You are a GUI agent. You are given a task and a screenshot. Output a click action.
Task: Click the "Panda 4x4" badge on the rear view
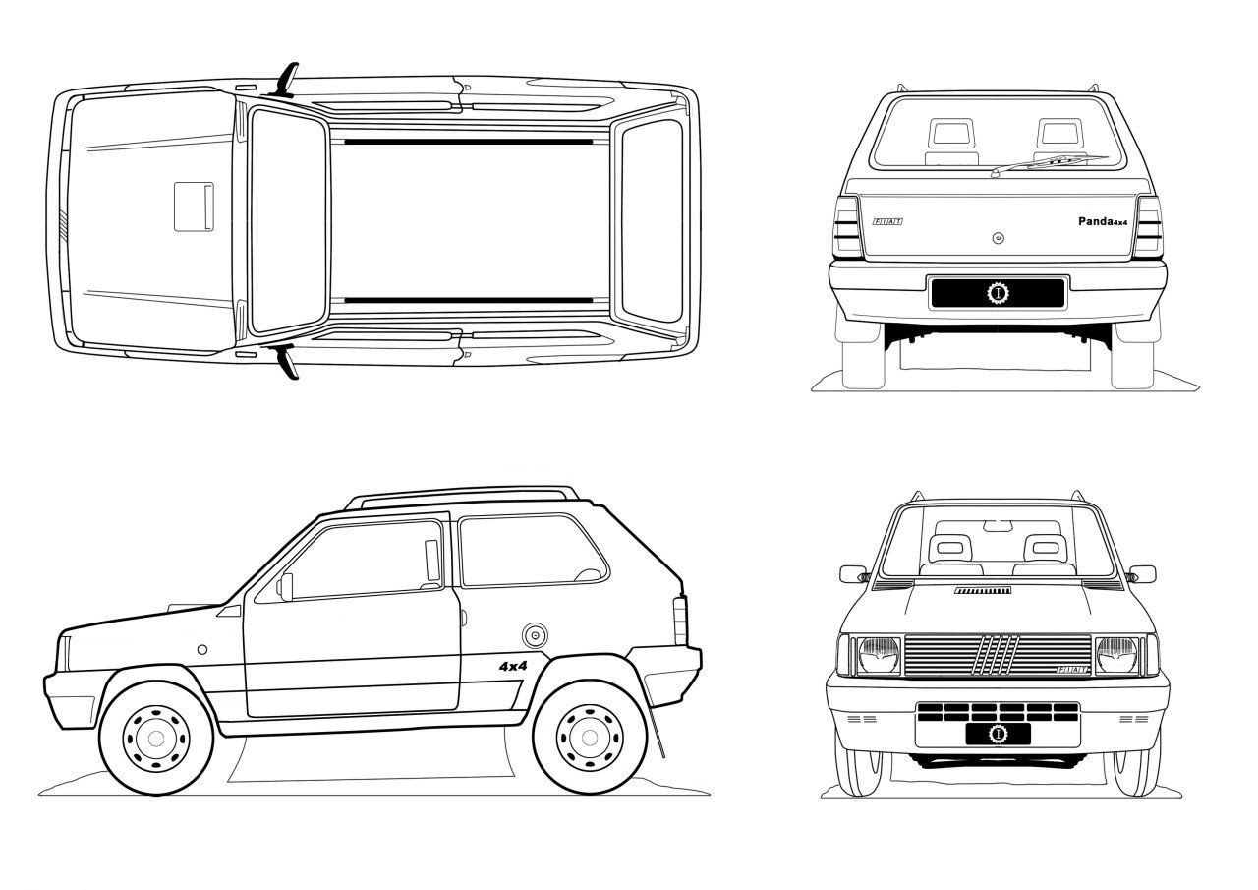point(1102,221)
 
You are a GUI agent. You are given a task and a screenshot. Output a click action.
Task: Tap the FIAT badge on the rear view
point(886,222)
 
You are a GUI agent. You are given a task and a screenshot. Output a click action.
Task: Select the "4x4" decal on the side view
point(513,666)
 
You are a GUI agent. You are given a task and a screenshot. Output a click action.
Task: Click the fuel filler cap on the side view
point(535,634)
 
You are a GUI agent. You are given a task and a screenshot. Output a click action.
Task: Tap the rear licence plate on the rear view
point(998,293)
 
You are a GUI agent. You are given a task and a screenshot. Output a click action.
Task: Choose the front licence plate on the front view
point(998,734)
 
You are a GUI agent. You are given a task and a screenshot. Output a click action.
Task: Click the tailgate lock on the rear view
point(998,237)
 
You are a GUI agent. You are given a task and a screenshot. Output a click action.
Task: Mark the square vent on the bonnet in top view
point(195,206)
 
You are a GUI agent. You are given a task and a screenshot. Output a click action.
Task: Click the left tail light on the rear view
point(847,229)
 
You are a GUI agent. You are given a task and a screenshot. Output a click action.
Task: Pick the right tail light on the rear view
point(1149,229)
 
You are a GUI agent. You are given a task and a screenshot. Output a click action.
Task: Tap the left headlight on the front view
point(879,655)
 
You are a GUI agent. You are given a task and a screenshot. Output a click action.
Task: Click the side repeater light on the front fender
point(201,649)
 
